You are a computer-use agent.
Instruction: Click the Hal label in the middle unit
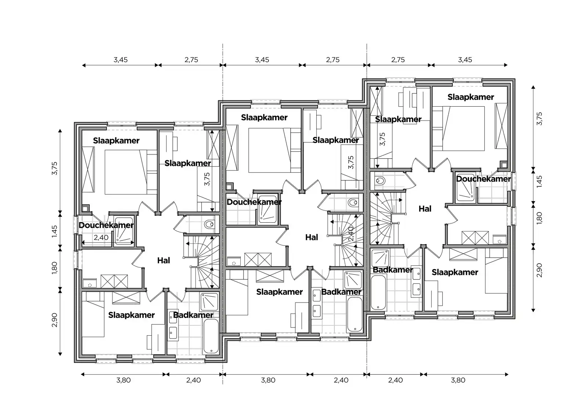pos(311,237)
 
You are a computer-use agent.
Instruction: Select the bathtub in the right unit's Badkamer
pos(378,292)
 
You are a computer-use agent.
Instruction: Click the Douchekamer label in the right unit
pos(483,179)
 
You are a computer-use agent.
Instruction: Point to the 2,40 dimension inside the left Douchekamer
pos(101,237)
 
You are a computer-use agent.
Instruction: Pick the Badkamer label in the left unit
pos(193,315)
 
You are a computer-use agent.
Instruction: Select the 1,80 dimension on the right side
pos(539,218)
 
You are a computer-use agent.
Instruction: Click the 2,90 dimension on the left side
pos(54,320)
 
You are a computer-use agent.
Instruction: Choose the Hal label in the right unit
pos(425,209)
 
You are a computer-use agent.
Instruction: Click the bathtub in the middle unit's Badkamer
pos(355,314)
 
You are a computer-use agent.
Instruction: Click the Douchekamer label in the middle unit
pos(254,202)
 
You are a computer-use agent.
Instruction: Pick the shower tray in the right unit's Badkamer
pos(381,258)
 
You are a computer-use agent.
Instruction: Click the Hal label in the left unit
pos(163,261)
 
